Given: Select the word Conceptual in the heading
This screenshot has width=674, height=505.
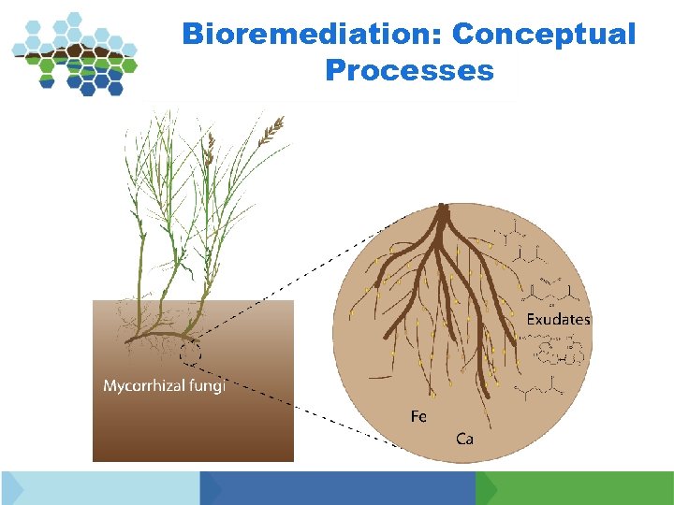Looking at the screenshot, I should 543,35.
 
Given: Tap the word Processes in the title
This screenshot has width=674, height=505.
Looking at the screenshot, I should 409,70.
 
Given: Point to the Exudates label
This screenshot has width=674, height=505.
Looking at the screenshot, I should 558,320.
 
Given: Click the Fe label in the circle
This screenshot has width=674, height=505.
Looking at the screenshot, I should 418,416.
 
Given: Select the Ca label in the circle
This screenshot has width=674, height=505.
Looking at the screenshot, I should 464,438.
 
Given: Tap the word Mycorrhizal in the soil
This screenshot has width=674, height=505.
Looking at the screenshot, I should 143,385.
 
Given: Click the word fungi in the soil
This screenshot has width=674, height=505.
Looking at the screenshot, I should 206,385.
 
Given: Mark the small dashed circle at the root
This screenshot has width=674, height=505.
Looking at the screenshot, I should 191,353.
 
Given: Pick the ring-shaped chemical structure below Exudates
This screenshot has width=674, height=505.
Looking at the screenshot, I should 562,353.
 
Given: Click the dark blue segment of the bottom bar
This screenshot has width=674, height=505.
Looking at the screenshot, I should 342,488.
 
